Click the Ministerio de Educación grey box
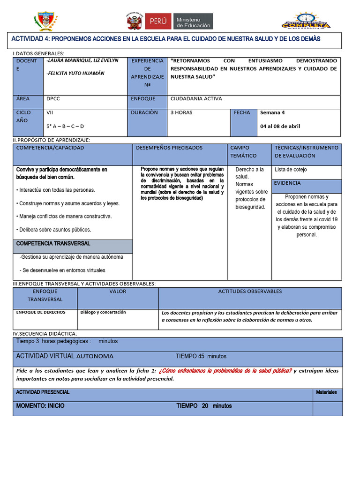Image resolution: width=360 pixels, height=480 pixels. coord(193,21)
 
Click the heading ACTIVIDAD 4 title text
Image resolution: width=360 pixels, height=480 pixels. coord(166,39)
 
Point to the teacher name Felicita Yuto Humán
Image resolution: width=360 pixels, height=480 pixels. coord(75,73)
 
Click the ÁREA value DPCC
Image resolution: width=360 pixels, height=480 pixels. coord(54,99)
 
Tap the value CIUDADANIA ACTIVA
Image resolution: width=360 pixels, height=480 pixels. coord(196,99)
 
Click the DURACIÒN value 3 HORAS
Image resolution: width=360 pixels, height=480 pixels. coord(181,112)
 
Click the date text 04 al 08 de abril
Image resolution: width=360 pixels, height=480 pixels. coord(280,126)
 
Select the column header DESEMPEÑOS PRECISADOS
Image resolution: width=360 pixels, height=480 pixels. coord(169,148)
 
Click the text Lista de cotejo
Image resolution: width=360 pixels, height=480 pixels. coord(291,170)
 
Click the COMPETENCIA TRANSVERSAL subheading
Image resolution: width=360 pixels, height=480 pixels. coord(53,244)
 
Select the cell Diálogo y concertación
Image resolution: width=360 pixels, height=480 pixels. coord(103,312)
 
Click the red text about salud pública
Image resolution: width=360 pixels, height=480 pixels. coord(225,371)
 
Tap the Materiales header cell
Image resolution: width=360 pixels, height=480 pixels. coord(326,392)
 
